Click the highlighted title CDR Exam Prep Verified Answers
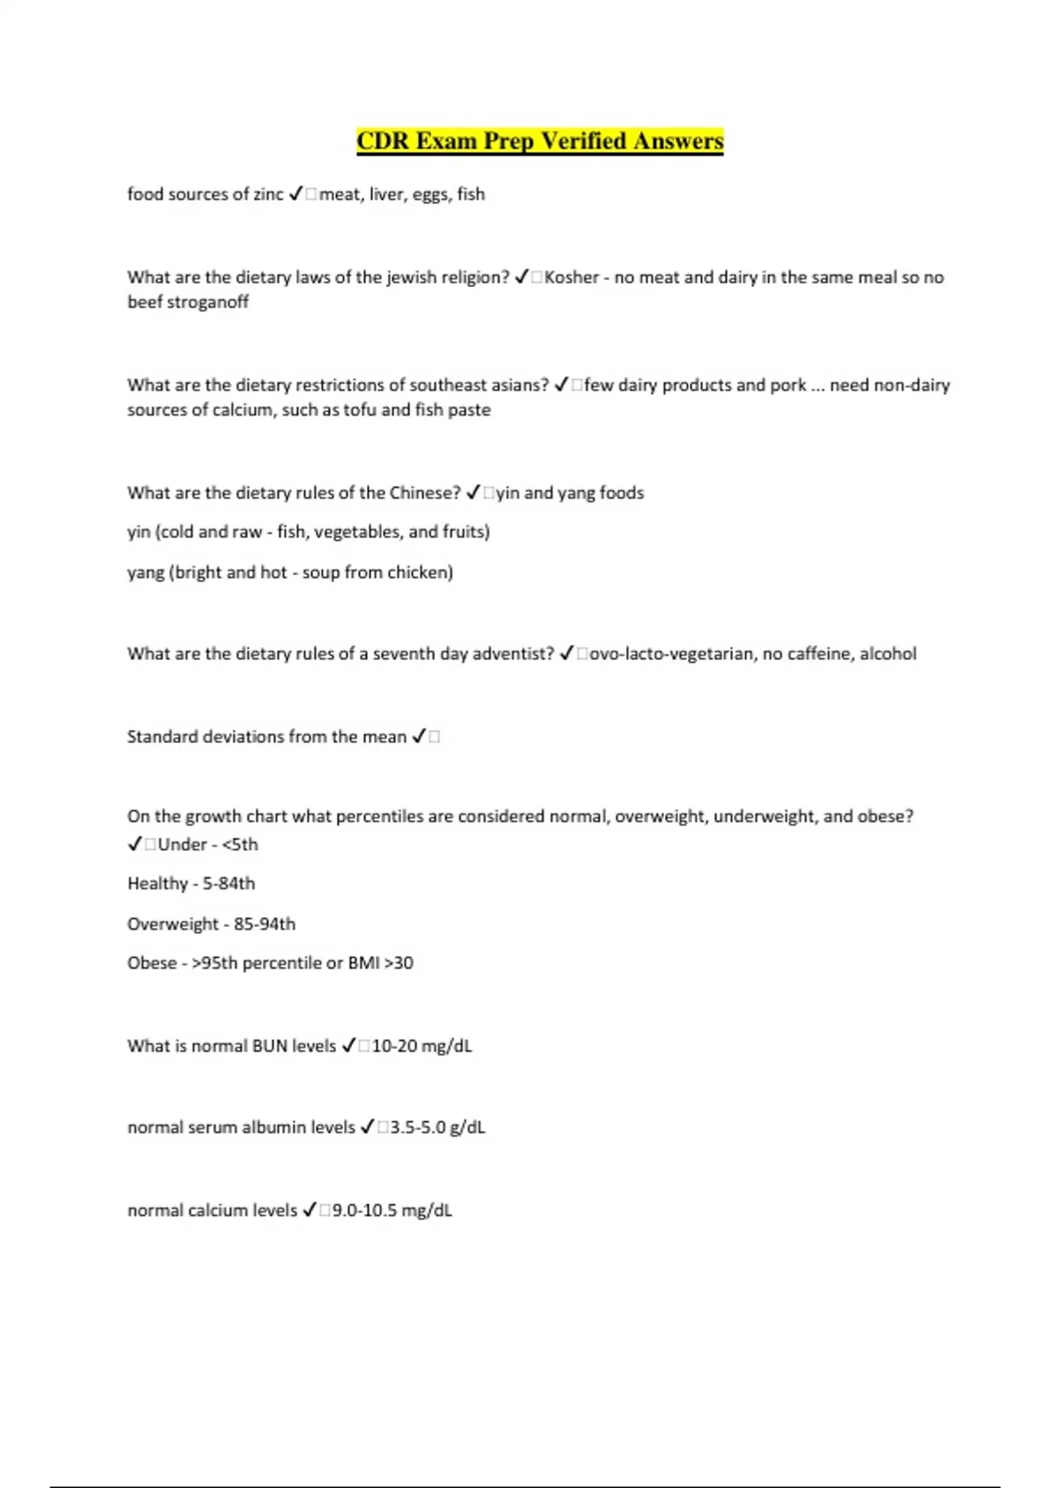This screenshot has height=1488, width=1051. pos(540,141)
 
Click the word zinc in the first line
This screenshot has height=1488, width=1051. pos(268,194)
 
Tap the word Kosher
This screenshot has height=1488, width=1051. pos(571,277)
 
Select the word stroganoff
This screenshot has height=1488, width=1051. pos(208,302)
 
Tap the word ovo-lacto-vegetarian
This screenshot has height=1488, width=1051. pos(670,654)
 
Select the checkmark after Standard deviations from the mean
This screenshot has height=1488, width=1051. pos(419,737)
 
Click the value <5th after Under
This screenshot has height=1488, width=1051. pos(240,845)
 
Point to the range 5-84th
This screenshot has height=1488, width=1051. pos(229,884)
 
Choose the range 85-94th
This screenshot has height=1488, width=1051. pos(265,924)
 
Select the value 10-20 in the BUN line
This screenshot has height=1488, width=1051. pos(394,1046)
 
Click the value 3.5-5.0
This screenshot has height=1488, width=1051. pos(417,1127)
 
